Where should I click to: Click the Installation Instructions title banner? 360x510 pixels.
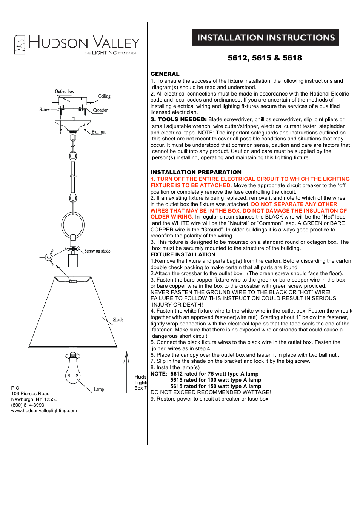tap(265, 38)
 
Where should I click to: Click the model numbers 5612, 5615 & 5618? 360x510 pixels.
tap(265, 58)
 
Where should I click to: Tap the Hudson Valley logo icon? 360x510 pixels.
tap(20, 45)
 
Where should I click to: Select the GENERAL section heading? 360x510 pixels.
tap(165, 74)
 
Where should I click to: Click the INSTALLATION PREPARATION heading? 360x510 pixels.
tap(196, 172)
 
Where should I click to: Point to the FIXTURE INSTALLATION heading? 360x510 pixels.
tap(183, 255)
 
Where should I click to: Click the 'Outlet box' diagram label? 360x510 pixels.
tap(64, 92)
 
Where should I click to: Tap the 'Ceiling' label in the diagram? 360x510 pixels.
tap(104, 96)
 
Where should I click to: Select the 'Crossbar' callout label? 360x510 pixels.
tap(100, 111)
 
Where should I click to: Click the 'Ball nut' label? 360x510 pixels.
tap(98, 132)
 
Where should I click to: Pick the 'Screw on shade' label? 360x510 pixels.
tap(97, 251)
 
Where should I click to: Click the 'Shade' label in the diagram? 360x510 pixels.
tap(118, 320)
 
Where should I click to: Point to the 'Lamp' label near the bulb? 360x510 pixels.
tap(98, 390)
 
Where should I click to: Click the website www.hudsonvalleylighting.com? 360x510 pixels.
tap(44, 411)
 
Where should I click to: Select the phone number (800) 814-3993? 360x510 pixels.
tap(28, 405)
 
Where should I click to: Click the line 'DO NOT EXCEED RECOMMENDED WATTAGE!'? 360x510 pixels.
tap(211, 393)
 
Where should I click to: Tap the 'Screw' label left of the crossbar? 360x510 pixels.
tap(45, 110)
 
